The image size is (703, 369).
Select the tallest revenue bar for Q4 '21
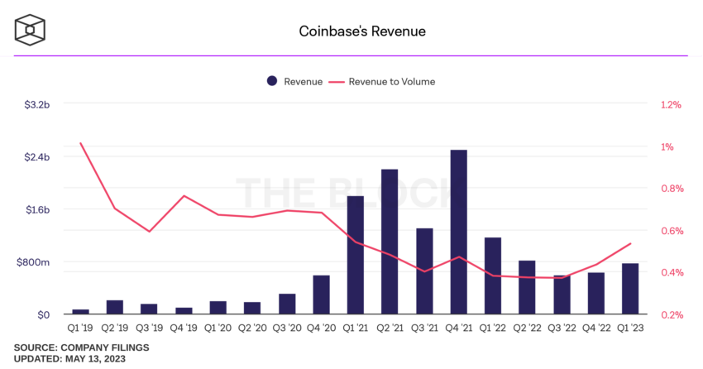[458, 232]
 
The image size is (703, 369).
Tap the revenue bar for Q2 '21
[390, 242]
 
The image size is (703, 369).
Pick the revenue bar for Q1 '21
[356, 255]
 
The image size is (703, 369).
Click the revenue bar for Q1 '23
[630, 289]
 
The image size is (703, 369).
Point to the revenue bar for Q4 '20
[321, 295]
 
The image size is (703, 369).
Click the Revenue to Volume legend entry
[382, 81]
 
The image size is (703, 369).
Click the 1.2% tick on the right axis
[671, 105]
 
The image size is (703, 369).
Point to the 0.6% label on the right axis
[671, 231]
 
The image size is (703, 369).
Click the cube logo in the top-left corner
[30, 31]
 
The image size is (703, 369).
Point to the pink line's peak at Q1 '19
[81, 143]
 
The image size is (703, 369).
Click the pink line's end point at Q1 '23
[630, 244]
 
